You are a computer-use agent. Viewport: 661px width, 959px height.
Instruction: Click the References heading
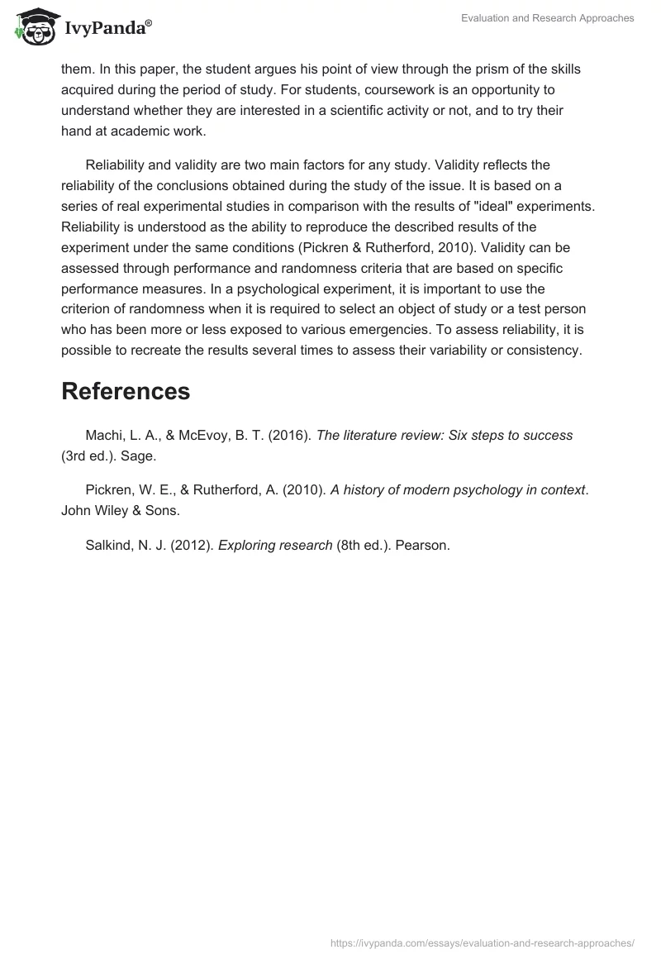tap(126, 391)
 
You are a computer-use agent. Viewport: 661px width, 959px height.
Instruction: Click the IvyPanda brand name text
tap(106, 30)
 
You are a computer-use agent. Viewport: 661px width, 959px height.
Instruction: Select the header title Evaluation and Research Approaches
tap(547, 18)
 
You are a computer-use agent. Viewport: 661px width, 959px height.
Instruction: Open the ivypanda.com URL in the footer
tap(483, 942)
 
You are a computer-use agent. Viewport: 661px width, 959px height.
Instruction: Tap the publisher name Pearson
tap(422, 545)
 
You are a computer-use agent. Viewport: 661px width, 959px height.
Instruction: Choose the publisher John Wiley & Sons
tap(120, 510)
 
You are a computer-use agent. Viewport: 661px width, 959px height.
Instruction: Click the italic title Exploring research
tap(275, 545)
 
